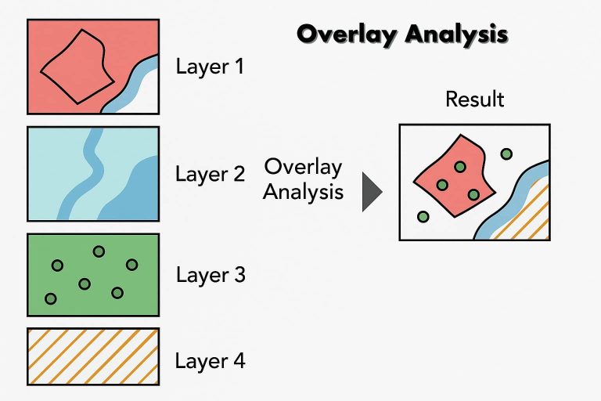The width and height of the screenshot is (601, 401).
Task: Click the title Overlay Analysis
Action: pos(403,34)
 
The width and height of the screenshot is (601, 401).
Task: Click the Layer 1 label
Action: pos(210,66)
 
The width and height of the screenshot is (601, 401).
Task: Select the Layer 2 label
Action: pos(210,173)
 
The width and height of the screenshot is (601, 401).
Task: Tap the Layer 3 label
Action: pos(210,275)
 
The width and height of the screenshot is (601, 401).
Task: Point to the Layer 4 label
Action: pos(210,361)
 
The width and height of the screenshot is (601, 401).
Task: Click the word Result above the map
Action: pos(474,99)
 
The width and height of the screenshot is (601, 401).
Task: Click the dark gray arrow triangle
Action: pos(370,193)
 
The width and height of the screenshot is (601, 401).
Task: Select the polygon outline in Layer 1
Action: pos(74,66)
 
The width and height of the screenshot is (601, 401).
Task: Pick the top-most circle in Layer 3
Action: pos(99,251)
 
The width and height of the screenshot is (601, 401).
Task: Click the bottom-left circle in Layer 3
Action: pos(51,298)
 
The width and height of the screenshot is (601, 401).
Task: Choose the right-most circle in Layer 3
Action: pos(131,265)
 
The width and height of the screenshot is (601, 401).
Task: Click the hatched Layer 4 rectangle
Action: pos(93,356)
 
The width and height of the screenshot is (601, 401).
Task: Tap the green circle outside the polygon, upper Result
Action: pos(506,154)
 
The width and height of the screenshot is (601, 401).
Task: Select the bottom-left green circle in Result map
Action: pos(423,216)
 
